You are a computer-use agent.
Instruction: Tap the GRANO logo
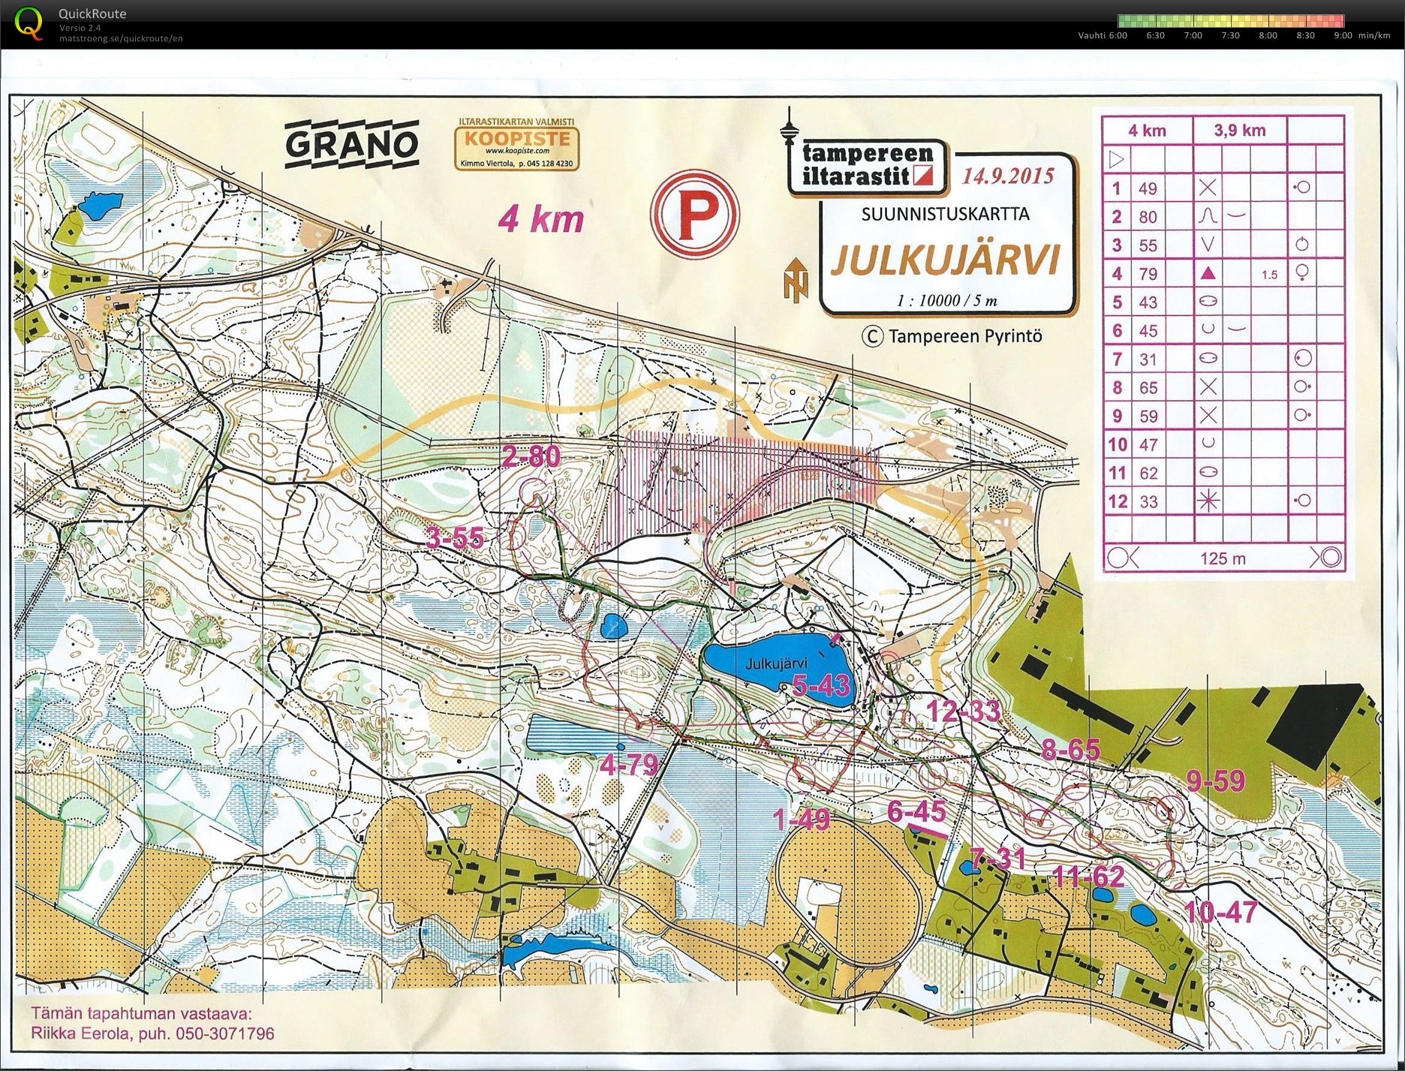(x=351, y=143)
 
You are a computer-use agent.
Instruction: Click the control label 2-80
(x=531, y=456)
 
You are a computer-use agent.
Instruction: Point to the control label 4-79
(x=629, y=765)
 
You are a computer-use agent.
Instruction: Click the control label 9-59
(x=1216, y=781)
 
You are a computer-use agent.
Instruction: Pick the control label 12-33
(x=964, y=711)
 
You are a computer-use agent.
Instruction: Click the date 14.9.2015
(x=1008, y=176)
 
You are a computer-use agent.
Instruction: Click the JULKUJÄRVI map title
(x=945, y=260)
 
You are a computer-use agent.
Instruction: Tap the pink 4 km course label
(x=540, y=219)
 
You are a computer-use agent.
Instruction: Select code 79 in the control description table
(x=1148, y=274)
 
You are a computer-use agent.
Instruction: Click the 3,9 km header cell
(x=1239, y=131)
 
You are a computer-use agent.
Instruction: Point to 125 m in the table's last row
(x=1222, y=558)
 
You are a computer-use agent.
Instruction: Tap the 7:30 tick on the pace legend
(x=1230, y=35)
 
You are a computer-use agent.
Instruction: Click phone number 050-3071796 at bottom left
(x=225, y=1033)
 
